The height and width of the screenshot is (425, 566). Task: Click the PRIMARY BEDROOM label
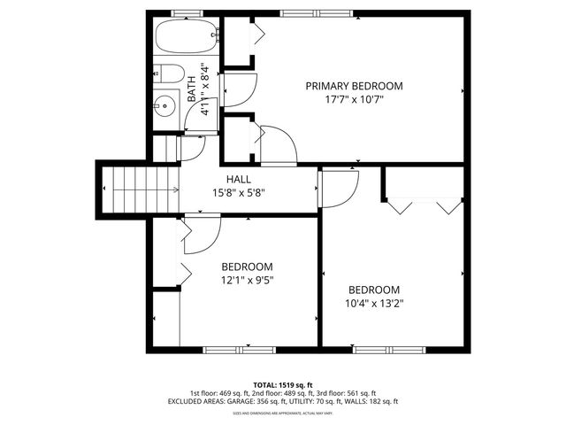354,86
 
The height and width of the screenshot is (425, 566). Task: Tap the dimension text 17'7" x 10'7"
354,99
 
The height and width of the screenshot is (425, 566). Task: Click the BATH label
192,89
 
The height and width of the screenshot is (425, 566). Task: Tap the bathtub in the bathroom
185,38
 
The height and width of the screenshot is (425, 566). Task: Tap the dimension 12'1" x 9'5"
247,281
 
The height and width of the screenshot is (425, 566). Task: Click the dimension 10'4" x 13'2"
373,304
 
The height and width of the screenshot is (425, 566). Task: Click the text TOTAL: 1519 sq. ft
283,385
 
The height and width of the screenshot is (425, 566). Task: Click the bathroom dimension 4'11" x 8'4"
205,89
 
